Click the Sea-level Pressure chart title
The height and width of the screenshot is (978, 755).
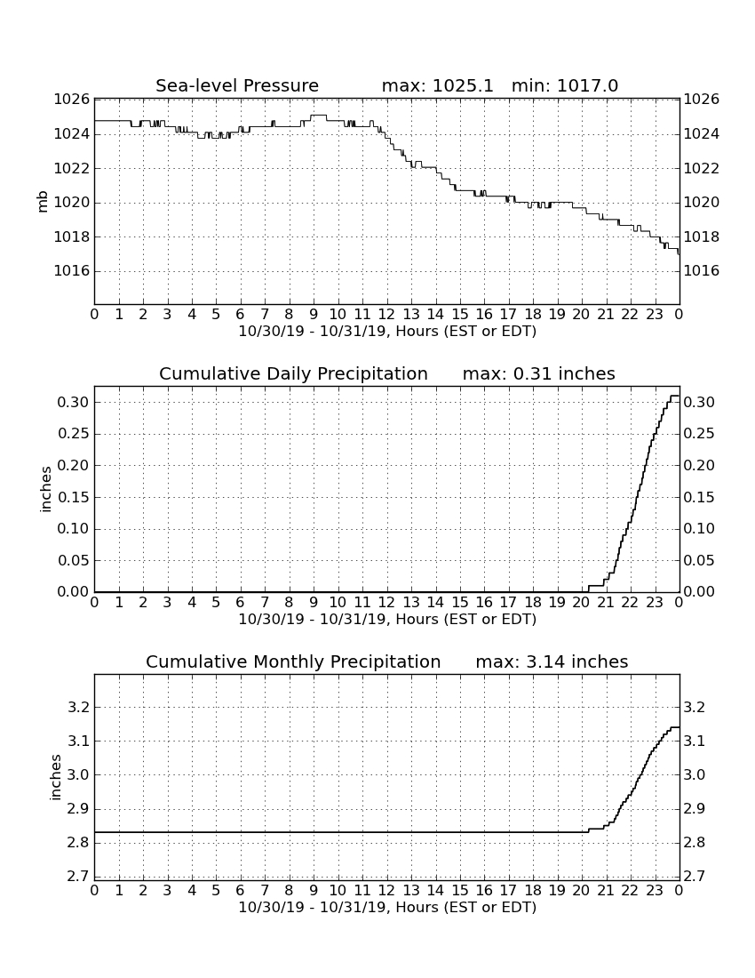(x=237, y=85)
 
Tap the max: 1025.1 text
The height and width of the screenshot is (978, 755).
(x=437, y=85)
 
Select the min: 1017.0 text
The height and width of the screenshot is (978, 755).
(x=565, y=85)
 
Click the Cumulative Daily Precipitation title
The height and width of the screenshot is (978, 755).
(x=293, y=373)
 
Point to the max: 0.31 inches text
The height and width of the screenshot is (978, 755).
(x=539, y=373)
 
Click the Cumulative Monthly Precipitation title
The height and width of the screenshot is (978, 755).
(x=293, y=661)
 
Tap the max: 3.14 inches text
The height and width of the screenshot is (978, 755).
(x=552, y=661)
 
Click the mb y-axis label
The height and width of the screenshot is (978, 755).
(x=43, y=202)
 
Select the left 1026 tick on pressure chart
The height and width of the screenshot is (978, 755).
(x=72, y=100)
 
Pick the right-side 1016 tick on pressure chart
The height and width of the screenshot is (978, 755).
(x=702, y=270)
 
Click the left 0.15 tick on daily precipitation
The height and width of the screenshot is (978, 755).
(x=74, y=497)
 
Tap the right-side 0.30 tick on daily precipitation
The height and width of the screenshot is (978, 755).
(x=699, y=402)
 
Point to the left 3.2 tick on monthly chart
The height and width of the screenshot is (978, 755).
(x=78, y=708)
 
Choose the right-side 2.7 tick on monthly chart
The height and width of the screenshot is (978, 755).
(x=695, y=877)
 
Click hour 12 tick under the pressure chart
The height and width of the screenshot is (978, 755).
(x=386, y=315)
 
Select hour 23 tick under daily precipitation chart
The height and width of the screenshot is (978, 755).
(x=654, y=603)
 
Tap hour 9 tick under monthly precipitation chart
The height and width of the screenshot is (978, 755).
(x=314, y=891)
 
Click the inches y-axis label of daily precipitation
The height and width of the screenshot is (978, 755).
(x=44, y=490)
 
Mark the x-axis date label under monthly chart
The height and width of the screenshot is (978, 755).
(x=387, y=907)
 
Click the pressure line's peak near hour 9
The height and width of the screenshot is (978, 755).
(x=318, y=116)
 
